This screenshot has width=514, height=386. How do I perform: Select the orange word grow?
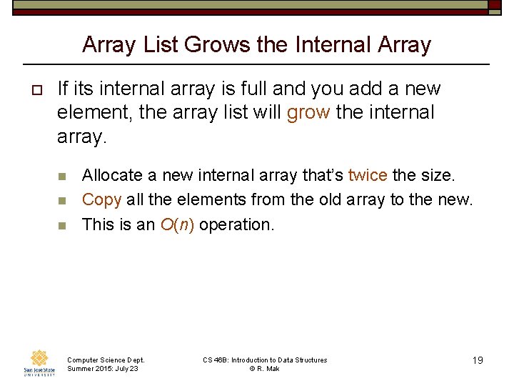pos(308,113)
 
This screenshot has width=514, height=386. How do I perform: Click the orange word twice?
pos(368,175)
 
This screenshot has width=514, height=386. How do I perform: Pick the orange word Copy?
pos(101,199)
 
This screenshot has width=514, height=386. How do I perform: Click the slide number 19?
pos(478,360)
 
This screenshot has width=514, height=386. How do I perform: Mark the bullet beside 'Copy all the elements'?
pos(62,201)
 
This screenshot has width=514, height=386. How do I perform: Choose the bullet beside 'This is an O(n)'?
pos(62,225)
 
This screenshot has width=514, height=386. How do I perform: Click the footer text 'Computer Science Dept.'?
pos(105,360)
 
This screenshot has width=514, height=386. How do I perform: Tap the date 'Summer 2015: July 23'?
pos(102,368)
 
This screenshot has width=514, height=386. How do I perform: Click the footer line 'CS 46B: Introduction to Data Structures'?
pos(265,360)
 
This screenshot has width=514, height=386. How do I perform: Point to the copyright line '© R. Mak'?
pos(265,368)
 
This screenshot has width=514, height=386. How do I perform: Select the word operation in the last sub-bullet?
pos(236,224)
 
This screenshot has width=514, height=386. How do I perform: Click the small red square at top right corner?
pos(495,4)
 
